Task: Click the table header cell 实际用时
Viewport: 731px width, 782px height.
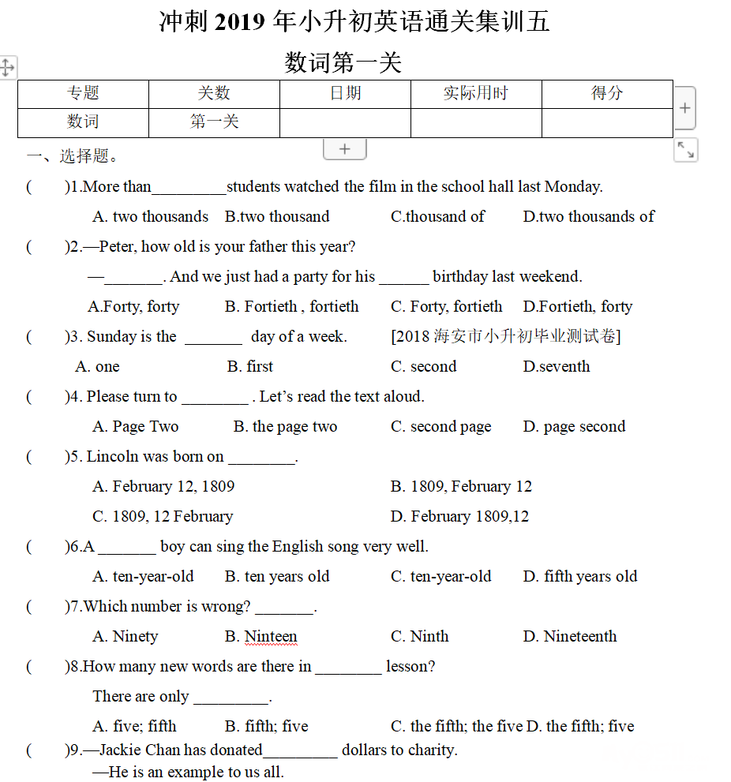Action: click(x=475, y=93)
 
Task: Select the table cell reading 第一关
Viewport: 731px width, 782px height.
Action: click(x=214, y=122)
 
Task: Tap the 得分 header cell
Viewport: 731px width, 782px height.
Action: click(x=607, y=93)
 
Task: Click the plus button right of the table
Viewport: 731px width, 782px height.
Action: click(x=684, y=108)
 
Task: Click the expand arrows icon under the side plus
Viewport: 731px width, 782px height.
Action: click(x=685, y=150)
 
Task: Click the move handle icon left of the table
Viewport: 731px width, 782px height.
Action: click(x=7, y=67)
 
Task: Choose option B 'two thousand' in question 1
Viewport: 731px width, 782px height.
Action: click(x=277, y=216)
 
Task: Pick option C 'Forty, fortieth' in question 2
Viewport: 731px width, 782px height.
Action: click(x=446, y=306)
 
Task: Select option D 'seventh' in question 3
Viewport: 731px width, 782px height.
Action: click(x=556, y=366)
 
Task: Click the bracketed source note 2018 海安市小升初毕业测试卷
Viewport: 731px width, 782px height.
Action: click(x=505, y=336)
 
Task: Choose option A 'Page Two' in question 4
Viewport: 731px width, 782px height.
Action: click(x=135, y=426)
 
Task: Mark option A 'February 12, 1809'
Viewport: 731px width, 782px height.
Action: click(x=163, y=486)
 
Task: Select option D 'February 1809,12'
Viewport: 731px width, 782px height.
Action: click(x=459, y=516)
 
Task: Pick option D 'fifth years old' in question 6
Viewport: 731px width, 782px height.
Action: click(x=579, y=576)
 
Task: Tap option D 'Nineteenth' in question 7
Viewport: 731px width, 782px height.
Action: click(x=570, y=636)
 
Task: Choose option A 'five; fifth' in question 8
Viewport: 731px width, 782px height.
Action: click(x=134, y=726)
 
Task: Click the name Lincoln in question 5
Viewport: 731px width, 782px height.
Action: click(x=112, y=456)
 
